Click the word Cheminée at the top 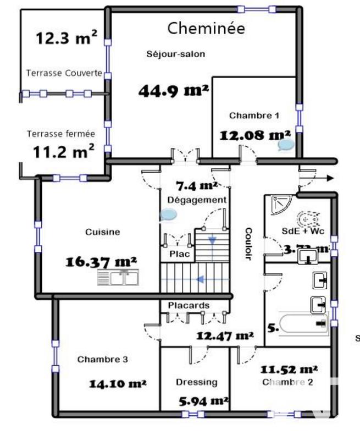pyautogui.click(x=206, y=29)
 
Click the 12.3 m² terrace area pyautogui.click(x=67, y=38)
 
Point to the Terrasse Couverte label pyautogui.click(x=64, y=73)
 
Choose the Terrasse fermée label pyautogui.click(x=61, y=133)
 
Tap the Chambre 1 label pyautogui.click(x=254, y=116)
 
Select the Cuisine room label pyautogui.click(x=102, y=232)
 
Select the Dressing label pyautogui.click(x=196, y=382)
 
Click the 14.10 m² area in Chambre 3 pyautogui.click(x=117, y=383)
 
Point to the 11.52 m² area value pyautogui.click(x=289, y=369)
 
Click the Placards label pyautogui.click(x=188, y=306)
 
